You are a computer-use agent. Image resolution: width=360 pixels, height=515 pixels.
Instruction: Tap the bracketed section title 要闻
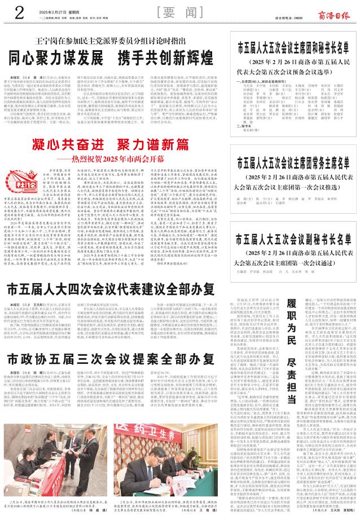coord(180,13)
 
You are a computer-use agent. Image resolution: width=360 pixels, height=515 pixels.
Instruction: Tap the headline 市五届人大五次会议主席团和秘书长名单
coord(297,47)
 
